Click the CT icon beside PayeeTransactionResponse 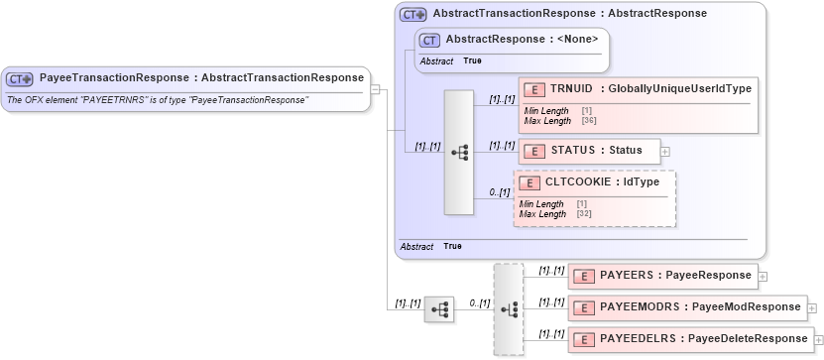point(20,78)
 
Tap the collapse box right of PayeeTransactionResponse point(376,88)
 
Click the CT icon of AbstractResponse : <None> point(429,40)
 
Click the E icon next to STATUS point(533,151)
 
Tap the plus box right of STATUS point(665,152)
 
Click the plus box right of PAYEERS point(764,277)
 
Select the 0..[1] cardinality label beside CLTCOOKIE point(499,191)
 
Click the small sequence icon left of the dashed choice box point(438,309)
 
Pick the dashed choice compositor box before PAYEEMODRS point(508,308)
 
